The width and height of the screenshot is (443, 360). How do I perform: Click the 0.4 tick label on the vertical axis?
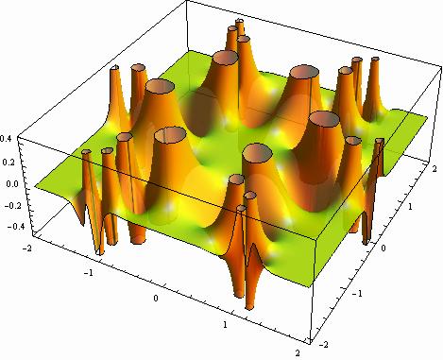[6, 138]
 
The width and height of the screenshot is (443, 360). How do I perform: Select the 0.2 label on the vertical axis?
[9, 162]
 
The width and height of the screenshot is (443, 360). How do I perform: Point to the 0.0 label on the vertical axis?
[11, 183]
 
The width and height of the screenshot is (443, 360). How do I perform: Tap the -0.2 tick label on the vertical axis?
[12, 205]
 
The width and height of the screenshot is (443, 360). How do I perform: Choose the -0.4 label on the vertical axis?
[16, 226]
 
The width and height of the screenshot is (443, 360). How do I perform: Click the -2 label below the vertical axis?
[27, 249]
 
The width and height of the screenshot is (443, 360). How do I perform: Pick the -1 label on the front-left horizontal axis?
[89, 272]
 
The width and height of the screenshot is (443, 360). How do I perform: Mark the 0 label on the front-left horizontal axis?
[156, 298]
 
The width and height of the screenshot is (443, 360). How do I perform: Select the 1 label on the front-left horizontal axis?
[225, 324]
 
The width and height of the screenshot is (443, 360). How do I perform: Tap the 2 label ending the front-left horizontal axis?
[298, 352]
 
